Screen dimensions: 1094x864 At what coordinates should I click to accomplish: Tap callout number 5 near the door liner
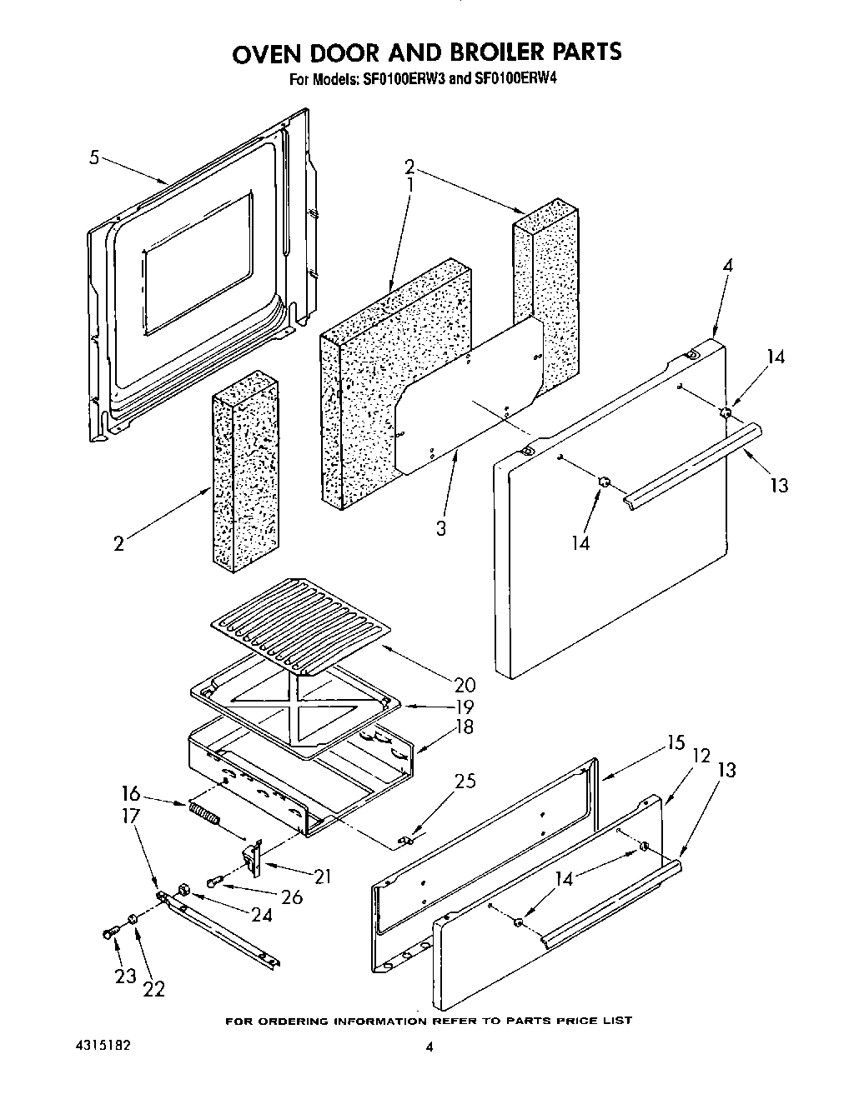tap(94, 156)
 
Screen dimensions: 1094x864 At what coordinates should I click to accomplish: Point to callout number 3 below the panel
tap(441, 527)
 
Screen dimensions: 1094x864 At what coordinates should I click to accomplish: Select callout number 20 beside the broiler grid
tap(465, 685)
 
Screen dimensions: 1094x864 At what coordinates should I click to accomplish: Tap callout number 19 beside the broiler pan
tap(464, 707)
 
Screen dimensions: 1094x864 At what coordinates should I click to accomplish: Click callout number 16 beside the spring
tap(131, 793)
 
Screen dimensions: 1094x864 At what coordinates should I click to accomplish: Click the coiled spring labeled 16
tap(205, 812)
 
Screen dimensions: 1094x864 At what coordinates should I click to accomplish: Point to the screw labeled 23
tap(108, 934)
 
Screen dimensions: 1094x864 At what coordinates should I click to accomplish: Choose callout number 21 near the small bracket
tap(322, 876)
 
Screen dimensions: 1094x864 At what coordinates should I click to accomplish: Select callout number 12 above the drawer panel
tap(701, 755)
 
